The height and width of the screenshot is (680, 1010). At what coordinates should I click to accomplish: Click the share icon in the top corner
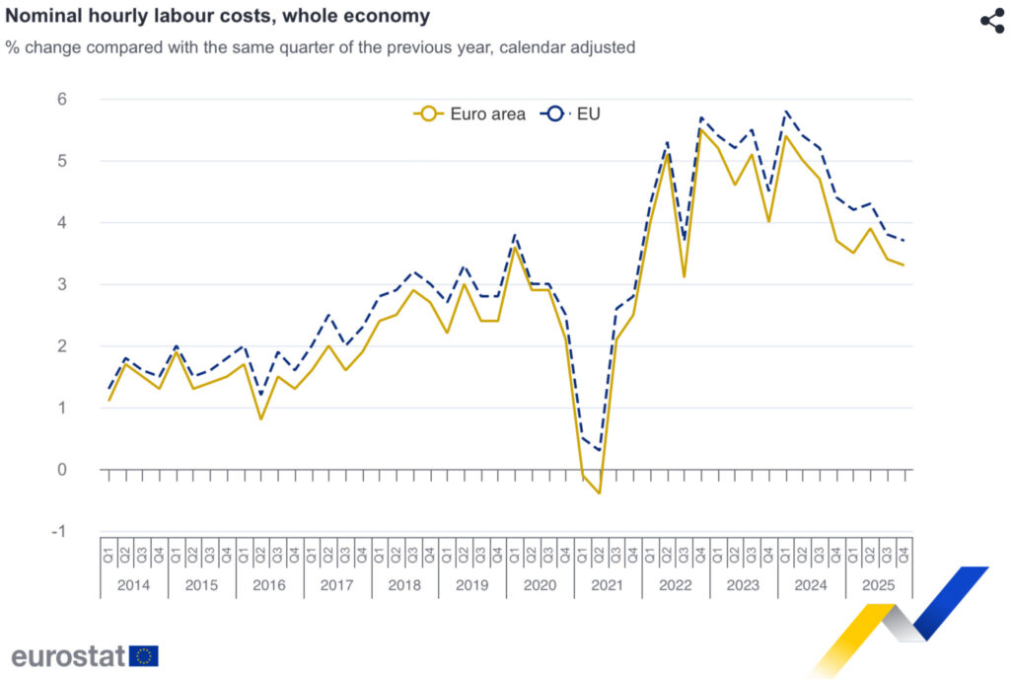coord(991,22)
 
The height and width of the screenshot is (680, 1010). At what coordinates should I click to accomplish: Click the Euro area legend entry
coord(470,113)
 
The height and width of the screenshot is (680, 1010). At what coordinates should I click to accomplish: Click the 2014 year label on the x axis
coord(134,585)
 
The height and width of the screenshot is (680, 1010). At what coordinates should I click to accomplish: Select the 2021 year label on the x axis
coord(608,585)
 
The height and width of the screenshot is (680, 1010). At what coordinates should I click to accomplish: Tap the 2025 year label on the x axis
coord(878,585)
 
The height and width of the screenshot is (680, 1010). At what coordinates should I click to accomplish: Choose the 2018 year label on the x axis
coord(404,585)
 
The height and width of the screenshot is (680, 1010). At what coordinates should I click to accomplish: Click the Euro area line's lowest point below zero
coord(599,493)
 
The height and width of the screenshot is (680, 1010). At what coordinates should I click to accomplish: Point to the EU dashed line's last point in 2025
coord(903,241)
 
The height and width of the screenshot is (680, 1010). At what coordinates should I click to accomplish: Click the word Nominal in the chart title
coord(41,17)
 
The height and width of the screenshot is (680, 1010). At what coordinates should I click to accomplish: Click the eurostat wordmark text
coord(69,655)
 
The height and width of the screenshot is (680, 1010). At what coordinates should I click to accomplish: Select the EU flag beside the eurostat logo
coord(144,655)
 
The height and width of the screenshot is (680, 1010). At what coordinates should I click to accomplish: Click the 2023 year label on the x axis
coord(743,585)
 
